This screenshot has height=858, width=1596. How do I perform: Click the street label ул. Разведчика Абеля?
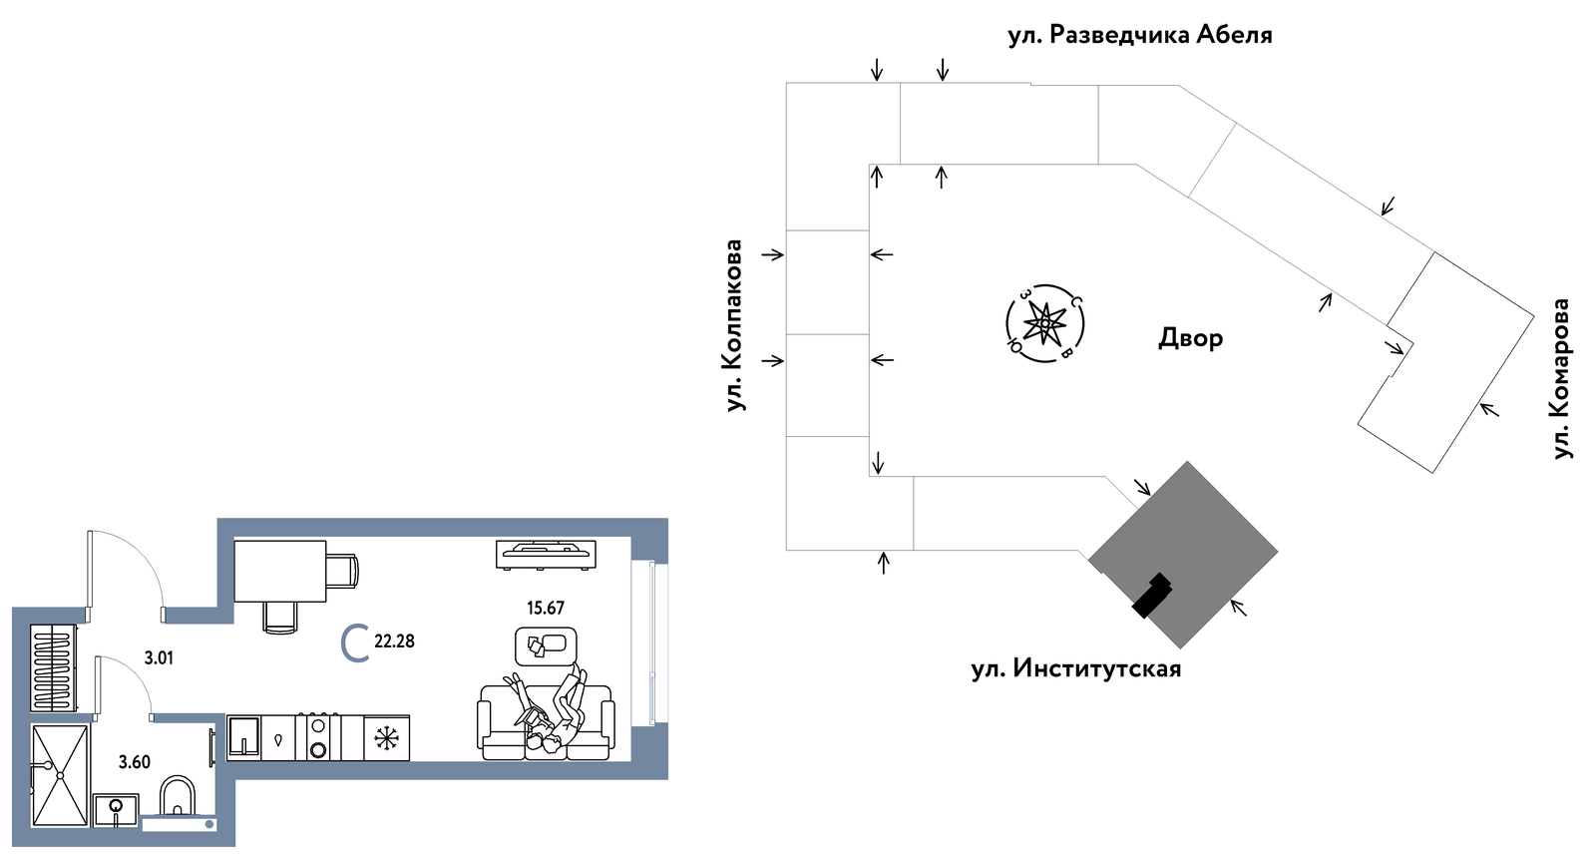pyautogui.click(x=1140, y=35)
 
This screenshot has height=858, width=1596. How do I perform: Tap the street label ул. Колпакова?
pyautogui.click(x=733, y=325)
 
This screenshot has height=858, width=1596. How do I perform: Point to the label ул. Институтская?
pyautogui.click(x=1076, y=669)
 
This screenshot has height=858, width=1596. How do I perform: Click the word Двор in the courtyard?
pyautogui.click(x=1191, y=337)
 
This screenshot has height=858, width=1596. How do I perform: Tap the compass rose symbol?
pyautogui.click(x=1045, y=323)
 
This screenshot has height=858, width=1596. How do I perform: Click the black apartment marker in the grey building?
pyautogui.click(x=1152, y=595)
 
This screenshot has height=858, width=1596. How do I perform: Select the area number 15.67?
pyautogui.click(x=545, y=608)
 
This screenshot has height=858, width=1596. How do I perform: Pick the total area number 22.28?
pyautogui.click(x=394, y=642)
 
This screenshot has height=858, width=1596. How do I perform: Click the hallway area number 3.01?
pyautogui.click(x=159, y=657)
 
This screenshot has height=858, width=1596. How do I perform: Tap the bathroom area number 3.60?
pyautogui.click(x=135, y=762)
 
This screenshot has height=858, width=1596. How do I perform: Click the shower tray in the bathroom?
pyautogui.click(x=61, y=775)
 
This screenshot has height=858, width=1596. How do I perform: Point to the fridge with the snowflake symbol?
pyautogui.click(x=386, y=737)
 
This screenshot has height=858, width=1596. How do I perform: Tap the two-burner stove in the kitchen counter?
pyautogui.click(x=318, y=737)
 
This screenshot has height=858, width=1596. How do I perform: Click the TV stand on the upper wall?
pyautogui.click(x=546, y=555)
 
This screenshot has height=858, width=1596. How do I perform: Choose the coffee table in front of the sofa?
pyautogui.click(x=546, y=645)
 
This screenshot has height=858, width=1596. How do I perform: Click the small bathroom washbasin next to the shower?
pyautogui.click(x=116, y=810)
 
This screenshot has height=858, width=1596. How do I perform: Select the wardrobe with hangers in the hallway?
pyautogui.click(x=54, y=667)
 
